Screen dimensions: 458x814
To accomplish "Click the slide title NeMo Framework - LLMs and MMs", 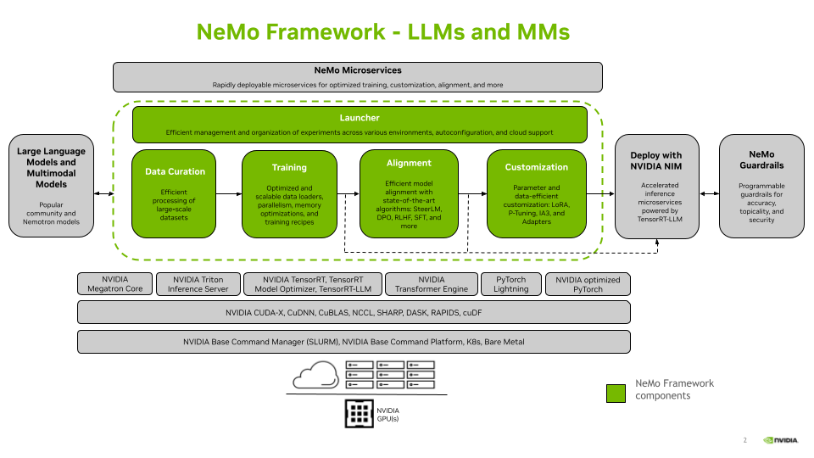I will [382, 32].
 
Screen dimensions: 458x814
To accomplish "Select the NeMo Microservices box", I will [357, 76].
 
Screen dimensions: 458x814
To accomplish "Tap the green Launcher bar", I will [360, 124].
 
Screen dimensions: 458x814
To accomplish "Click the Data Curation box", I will [175, 193].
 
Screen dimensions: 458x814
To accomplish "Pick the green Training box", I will [289, 193].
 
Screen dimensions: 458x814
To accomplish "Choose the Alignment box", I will [409, 193].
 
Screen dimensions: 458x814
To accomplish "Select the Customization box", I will [536, 193].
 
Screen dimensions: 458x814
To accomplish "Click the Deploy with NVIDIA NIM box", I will [656, 185].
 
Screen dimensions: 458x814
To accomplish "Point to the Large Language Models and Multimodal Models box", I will [52, 185].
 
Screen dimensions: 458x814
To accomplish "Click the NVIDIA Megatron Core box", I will [115, 284].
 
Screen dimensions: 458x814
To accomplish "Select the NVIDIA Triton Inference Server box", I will [198, 284].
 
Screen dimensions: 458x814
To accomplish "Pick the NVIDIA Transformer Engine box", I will [431, 284].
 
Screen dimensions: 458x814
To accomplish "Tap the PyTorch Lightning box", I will [510, 284].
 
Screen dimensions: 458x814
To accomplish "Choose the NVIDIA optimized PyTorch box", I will [588, 284].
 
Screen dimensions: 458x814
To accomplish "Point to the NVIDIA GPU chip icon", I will [360, 413].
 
